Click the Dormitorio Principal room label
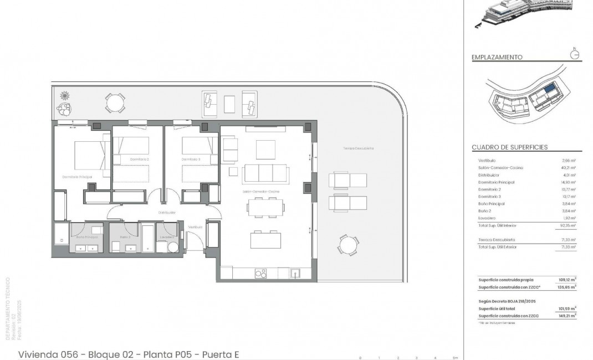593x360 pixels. click(x=77, y=177)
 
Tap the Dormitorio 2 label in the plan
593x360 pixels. click(x=140, y=160)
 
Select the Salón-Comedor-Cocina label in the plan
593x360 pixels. click(x=260, y=191)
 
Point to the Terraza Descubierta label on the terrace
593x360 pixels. click(x=358, y=148)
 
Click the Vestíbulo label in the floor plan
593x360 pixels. click(x=195, y=227)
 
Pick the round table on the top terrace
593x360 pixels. click(x=115, y=102)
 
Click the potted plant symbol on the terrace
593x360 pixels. click(x=65, y=95)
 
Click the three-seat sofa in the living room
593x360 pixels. click(x=265, y=173)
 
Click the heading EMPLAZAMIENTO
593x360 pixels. click(x=497, y=57)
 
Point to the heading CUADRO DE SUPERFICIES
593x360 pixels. click(x=509, y=147)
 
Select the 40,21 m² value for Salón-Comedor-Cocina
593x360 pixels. click(x=568, y=167)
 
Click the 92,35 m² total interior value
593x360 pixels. click(x=568, y=225)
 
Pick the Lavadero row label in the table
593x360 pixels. click(x=487, y=218)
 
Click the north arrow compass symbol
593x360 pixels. click(x=575, y=54)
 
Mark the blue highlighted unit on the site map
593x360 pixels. click(x=549, y=89)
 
